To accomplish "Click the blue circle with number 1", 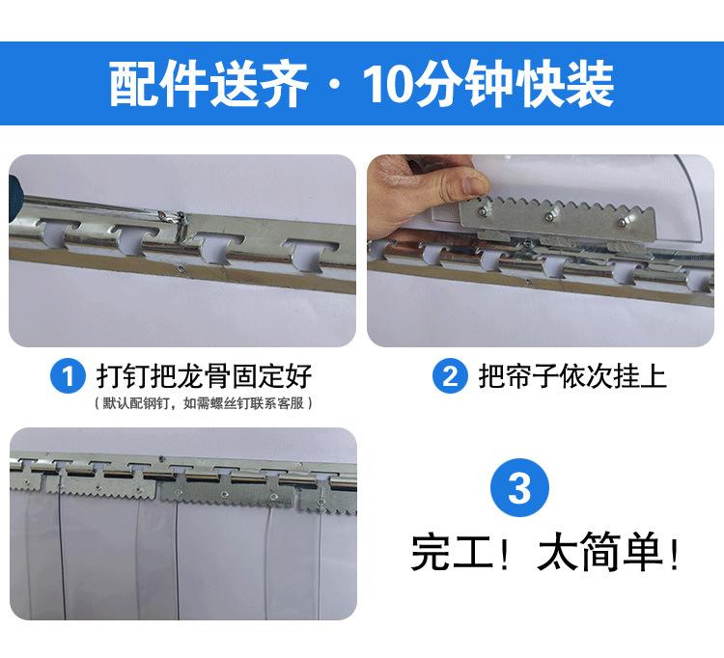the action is click(68, 375).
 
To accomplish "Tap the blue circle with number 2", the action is click(450, 375).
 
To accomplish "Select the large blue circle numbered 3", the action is click(519, 487).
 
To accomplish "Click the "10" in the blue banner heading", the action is click(387, 84).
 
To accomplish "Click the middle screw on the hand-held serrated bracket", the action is click(549, 216).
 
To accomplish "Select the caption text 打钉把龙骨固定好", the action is click(204, 375).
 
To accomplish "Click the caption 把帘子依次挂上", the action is click(572, 375).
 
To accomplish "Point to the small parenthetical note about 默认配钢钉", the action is click(203, 403).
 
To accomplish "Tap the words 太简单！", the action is click(608, 552).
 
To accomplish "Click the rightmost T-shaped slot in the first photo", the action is click(310, 252).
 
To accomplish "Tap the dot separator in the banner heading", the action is click(335, 85).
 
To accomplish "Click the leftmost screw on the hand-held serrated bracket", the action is click(482, 212).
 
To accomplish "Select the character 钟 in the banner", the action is click(488, 84).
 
